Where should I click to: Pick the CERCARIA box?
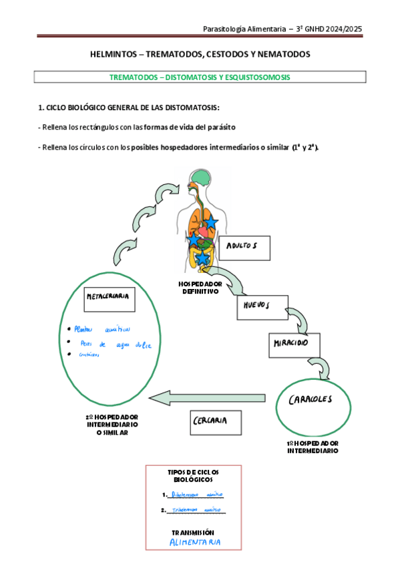click(x=212, y=421)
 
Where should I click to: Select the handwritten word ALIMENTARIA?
click(x=196, y=542)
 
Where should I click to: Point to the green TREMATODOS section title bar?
click(x=200, y=77)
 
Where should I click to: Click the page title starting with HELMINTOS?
click(x=200, y=53)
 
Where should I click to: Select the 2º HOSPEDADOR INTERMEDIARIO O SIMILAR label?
click(x=112, y=425)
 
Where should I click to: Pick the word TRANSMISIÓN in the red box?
click(x=193, y=532)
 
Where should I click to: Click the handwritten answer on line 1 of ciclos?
click(x=197, y=495)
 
